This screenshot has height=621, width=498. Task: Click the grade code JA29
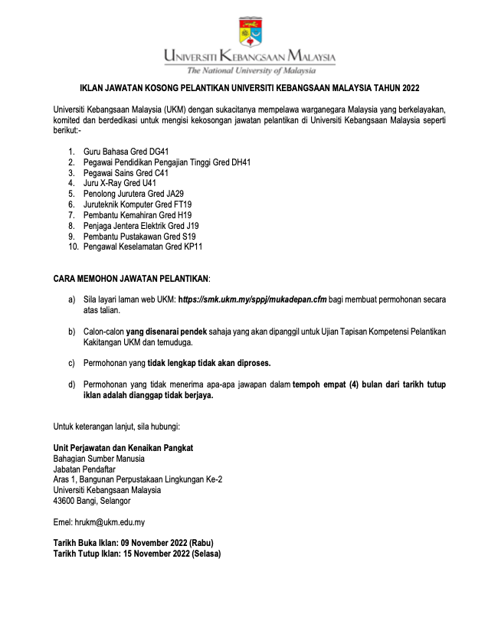click(172, 194)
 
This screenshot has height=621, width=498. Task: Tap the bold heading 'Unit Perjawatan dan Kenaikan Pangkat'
click(123, 447)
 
